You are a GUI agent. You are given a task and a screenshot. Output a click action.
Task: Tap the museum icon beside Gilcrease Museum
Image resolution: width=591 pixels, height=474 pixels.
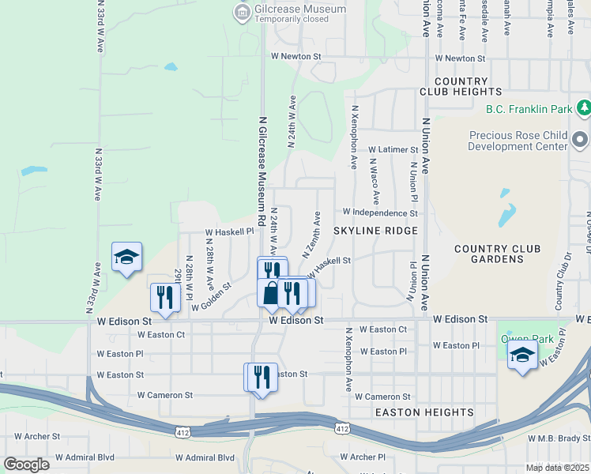click(x=242, y=10)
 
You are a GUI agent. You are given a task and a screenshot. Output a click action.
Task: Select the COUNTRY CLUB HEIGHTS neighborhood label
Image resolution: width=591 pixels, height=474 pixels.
click(x=461, y=86)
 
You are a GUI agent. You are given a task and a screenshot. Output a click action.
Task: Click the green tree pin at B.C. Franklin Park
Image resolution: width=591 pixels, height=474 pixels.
click(x=584, y=107)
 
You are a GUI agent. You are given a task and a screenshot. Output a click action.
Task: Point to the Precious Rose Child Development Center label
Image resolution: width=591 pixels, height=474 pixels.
click(x=518, y=141)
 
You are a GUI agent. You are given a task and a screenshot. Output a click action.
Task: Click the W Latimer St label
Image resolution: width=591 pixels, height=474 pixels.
click(x=392, y=149)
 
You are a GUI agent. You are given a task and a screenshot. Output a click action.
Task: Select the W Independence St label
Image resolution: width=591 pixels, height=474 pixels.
click(x=379, y=213)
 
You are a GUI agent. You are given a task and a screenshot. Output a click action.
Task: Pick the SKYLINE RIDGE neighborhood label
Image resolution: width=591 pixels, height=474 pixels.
click(x=375, y=230)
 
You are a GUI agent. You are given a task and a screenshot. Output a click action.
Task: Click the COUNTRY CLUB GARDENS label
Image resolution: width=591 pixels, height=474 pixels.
click(x=497, y=254)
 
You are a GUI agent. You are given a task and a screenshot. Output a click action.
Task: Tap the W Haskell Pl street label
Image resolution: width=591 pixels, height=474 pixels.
click(x=229, y=232)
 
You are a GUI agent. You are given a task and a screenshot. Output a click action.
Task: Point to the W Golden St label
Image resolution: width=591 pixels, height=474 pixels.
click(x=211, y=296)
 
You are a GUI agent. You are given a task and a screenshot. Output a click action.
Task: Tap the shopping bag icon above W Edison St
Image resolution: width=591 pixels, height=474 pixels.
click(x=270, y=293)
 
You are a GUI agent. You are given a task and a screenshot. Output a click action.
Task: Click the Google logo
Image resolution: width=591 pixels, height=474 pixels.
click(x=26, y=465)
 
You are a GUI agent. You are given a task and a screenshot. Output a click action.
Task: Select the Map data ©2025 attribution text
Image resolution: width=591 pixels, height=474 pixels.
click(x=558, y=468)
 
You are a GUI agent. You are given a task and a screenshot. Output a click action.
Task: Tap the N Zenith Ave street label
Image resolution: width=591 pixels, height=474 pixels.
click(x=311, y=235)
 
